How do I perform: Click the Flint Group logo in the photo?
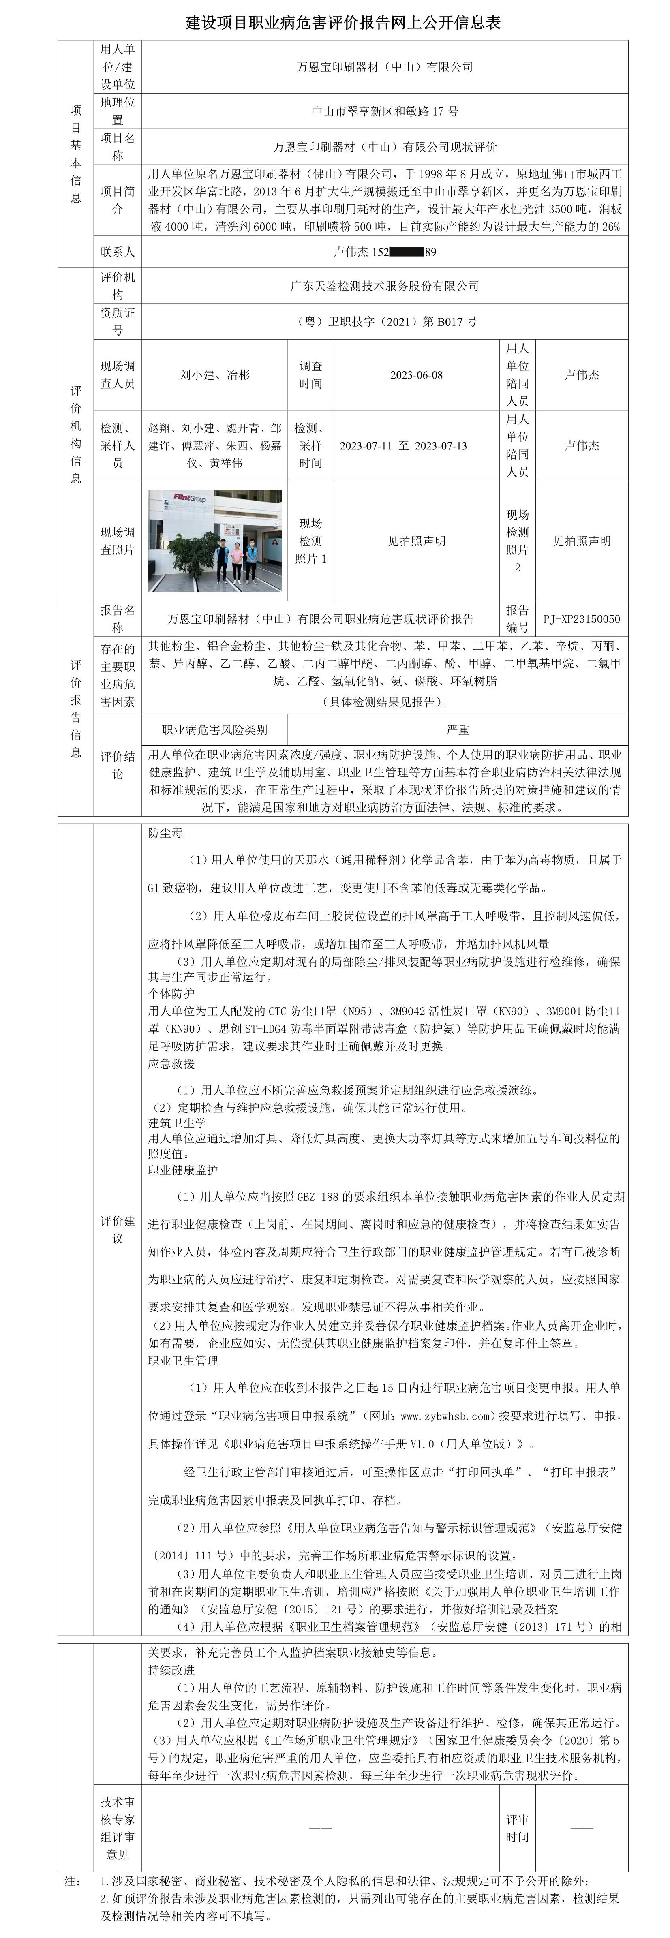(x=190, y=497)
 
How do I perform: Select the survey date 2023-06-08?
(x=416, y=374)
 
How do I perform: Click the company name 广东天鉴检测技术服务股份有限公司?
(x=385, y=286)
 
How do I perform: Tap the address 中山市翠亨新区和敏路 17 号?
(x=385, y=111)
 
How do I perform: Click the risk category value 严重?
(x=458, y=730)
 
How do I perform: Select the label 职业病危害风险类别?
(x=214, y=730)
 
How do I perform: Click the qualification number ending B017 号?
(x=385, y=321)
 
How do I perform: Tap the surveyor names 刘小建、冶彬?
(x=214, y=374)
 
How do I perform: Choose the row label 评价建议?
(x=118, y=1229)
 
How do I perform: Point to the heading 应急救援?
(x=171, y=1064)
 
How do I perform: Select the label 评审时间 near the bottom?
(x=517, y=1828)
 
